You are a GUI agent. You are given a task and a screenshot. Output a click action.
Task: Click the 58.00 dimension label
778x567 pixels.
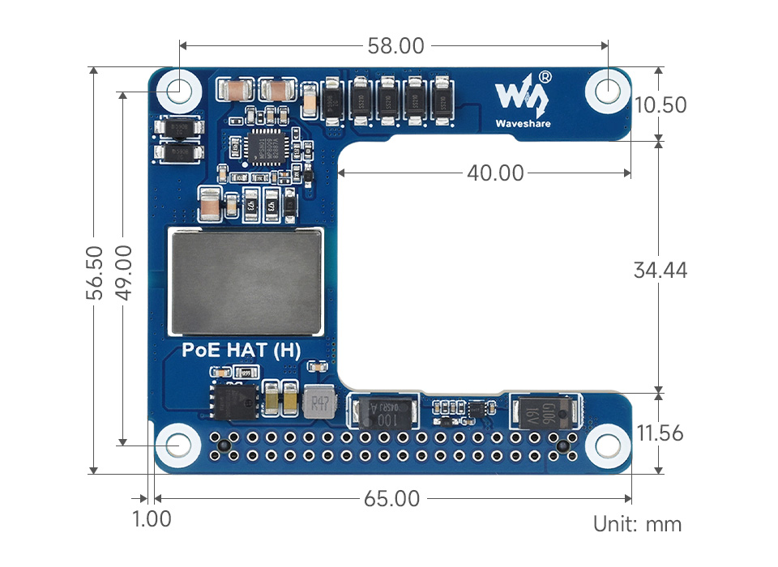tap(395, 45)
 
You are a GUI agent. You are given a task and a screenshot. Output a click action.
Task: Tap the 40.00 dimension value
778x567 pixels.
tap(494, 173)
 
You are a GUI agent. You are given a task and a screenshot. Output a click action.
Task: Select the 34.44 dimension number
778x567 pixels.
tap(660, 270)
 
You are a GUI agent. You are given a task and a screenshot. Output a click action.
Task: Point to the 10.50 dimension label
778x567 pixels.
tap(660, 105)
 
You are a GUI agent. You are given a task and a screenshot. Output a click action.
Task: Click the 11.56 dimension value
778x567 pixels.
tap(660, 433)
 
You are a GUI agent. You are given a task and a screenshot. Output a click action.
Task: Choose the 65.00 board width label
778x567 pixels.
tap(391, 499)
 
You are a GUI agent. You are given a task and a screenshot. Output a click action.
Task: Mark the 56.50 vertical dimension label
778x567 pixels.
tap(95, 272)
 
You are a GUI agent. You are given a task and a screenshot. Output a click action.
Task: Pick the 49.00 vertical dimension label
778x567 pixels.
tap(123, 272)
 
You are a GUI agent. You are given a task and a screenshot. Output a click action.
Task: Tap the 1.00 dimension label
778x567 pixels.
tap(152, 518)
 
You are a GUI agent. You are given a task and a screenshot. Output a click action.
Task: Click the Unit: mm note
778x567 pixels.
tap(638, 524)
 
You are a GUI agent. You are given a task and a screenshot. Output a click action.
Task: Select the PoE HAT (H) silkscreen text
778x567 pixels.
tap(242, 351)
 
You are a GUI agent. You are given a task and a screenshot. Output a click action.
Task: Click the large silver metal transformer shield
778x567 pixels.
tap(246, 281)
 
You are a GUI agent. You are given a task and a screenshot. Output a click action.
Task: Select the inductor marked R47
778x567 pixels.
tap(320, 402)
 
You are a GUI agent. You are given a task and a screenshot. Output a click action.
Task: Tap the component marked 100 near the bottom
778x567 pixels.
tap(384, 413)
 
